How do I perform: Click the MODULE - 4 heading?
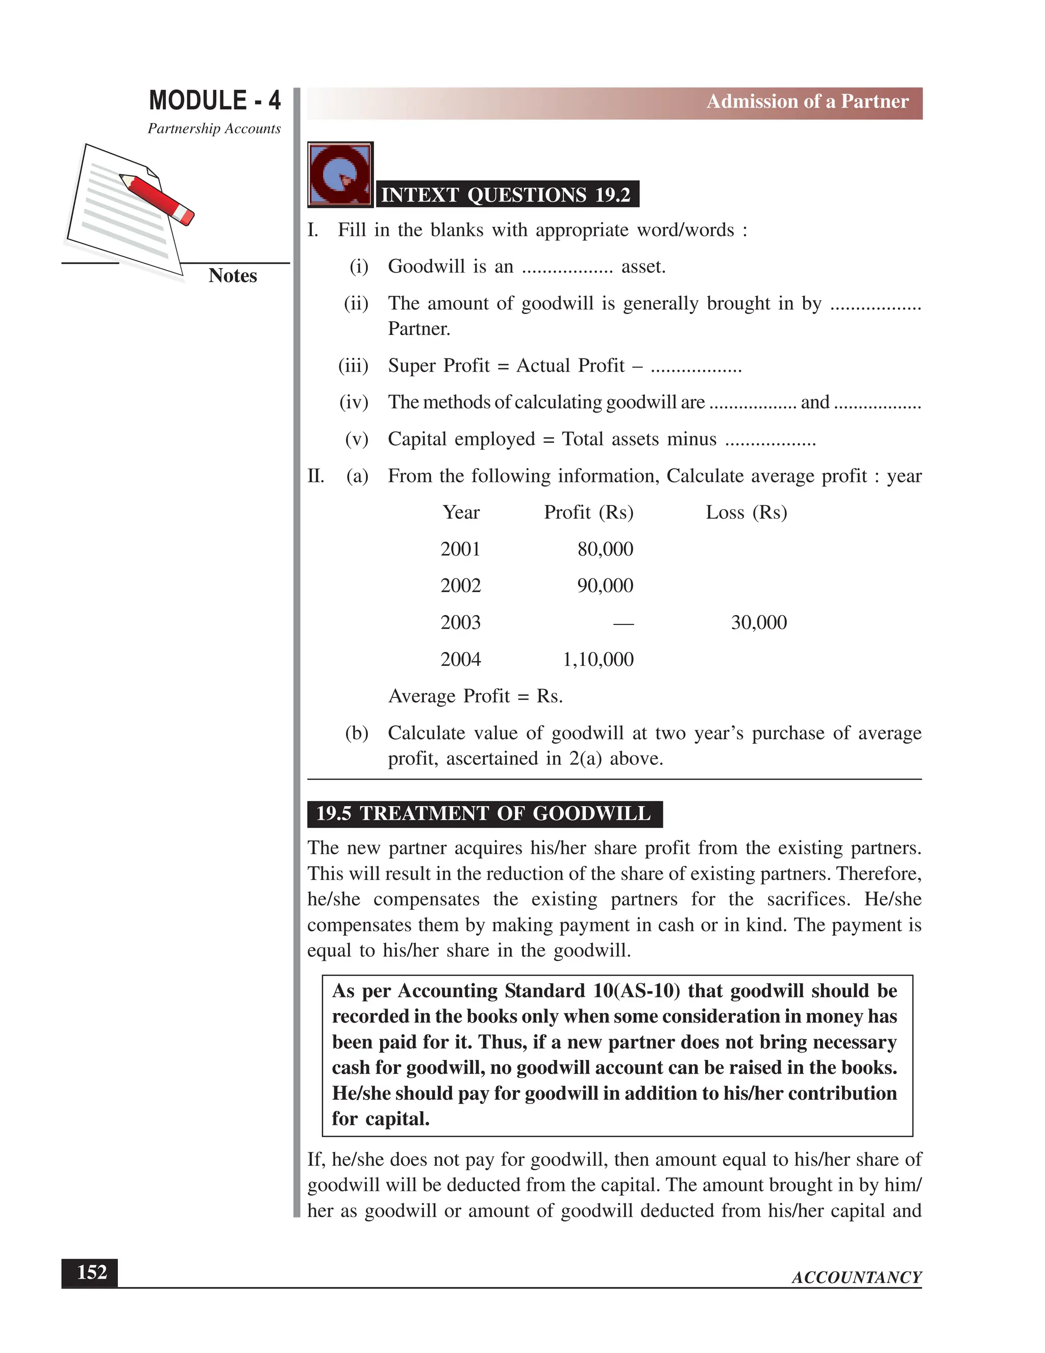pos(214,101)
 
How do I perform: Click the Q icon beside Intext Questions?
pos(340,175)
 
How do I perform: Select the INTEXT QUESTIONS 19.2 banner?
pos(506,195)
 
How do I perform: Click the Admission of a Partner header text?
pos(807,102)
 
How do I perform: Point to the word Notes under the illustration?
pos(232,276)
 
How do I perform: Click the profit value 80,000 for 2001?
pos(605,549)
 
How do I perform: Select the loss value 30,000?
pos(758,622)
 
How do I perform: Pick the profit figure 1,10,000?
pos(598,659)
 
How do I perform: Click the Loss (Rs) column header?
pos(746,512)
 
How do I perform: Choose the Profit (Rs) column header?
pos(588,512)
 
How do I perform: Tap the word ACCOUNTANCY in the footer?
pos(856,1277)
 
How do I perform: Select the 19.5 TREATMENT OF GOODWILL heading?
pos(484,813)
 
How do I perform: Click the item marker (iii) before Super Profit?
pos(353,366)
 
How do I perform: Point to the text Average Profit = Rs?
pos(475,696)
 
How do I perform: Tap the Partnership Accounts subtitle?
pos(214,129)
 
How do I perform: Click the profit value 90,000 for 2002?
pos(605,586)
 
